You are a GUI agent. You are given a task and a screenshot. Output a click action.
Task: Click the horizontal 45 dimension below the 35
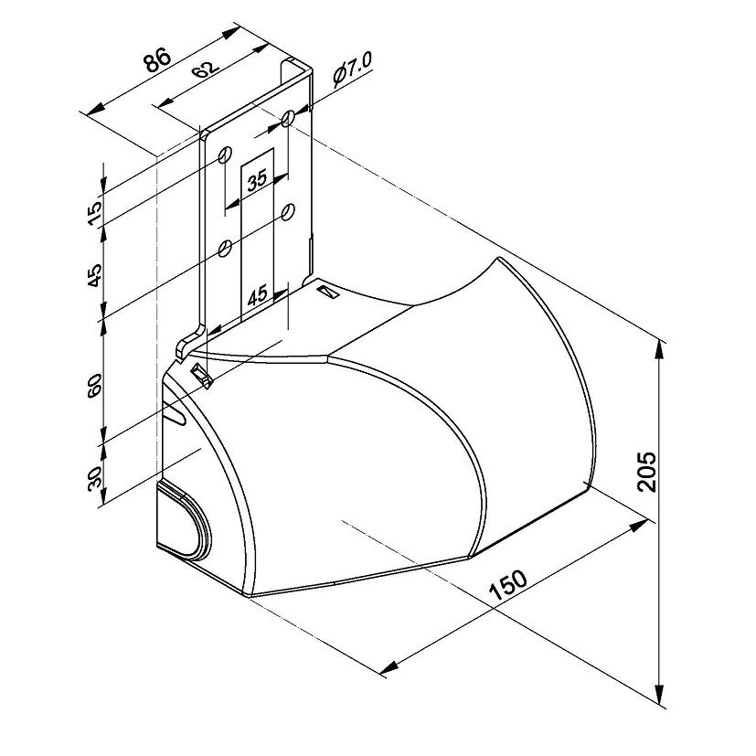click(257, 294)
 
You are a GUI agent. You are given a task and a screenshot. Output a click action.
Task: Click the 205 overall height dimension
click(647, 471)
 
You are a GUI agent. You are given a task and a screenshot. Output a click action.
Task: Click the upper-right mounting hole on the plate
click(288, 117)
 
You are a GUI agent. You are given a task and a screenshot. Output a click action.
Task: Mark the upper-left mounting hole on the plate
click(225, 154)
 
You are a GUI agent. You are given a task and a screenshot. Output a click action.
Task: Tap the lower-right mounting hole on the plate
click(288, 211)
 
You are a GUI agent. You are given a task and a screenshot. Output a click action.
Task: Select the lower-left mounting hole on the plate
click(225, 248)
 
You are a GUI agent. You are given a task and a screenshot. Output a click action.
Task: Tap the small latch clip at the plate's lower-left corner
click(200, 375)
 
